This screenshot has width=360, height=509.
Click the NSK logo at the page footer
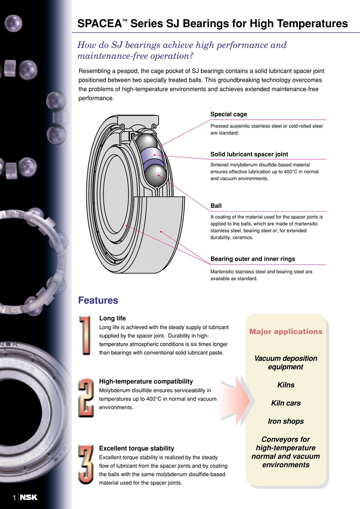tap(28, 497)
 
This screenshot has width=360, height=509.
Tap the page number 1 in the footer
tap(15, 498)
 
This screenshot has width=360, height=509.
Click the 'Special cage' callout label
tap(229, 114)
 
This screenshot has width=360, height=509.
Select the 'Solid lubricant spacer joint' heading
tap(249, 154)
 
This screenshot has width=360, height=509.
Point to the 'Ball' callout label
tap(216, 206)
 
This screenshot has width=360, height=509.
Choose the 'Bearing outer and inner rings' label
tap(253, 259)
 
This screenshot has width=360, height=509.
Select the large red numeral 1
tap(85, 335)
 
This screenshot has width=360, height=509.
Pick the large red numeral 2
tap(86, 397)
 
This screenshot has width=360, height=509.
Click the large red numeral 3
tap(86, 464)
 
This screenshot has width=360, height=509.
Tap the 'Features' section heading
tap(98, 300)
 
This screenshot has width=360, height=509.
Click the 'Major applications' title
tap(285, 332)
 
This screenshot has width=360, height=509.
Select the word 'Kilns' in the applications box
tap(285, 385)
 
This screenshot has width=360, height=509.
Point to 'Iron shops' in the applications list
tap(285, 421)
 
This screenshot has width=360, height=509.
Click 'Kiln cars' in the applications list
tap(285, 403)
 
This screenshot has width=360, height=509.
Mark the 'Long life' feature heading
tap(112, 318)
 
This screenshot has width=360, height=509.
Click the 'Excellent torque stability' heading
tap(136, 448)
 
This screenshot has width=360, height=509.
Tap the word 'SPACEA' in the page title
tap(100, 23)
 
